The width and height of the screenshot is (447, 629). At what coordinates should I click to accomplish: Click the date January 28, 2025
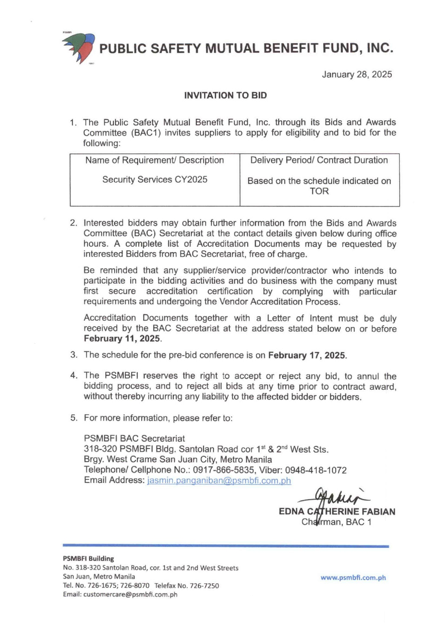[357, 75]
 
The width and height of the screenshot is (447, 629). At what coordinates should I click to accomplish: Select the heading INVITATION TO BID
[225, 95]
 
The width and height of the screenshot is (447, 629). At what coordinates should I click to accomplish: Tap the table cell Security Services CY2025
[155, 180]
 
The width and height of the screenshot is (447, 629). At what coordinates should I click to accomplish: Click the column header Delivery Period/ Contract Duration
[319, 160]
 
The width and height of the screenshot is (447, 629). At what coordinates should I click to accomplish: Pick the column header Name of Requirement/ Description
[154, 160]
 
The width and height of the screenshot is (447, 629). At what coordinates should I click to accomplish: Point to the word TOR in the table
[319, 191]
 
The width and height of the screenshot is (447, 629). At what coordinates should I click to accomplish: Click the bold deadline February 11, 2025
[122, 339]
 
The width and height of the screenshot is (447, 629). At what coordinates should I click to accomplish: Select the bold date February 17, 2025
[307, 355]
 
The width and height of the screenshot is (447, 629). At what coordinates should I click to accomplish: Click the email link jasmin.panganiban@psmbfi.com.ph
[219, 481]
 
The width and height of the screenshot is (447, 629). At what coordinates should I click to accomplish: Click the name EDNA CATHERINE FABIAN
[337, 512]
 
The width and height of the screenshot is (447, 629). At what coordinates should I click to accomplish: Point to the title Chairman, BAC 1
[336, 522]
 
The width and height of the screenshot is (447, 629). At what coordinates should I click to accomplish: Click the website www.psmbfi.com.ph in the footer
[353, 578]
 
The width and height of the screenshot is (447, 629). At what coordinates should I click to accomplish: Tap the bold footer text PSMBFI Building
[88, 558]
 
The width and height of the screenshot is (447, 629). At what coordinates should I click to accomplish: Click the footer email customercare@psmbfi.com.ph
[130, 594]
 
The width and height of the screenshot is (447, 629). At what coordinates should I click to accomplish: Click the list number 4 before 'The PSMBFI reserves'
[73, 376]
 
